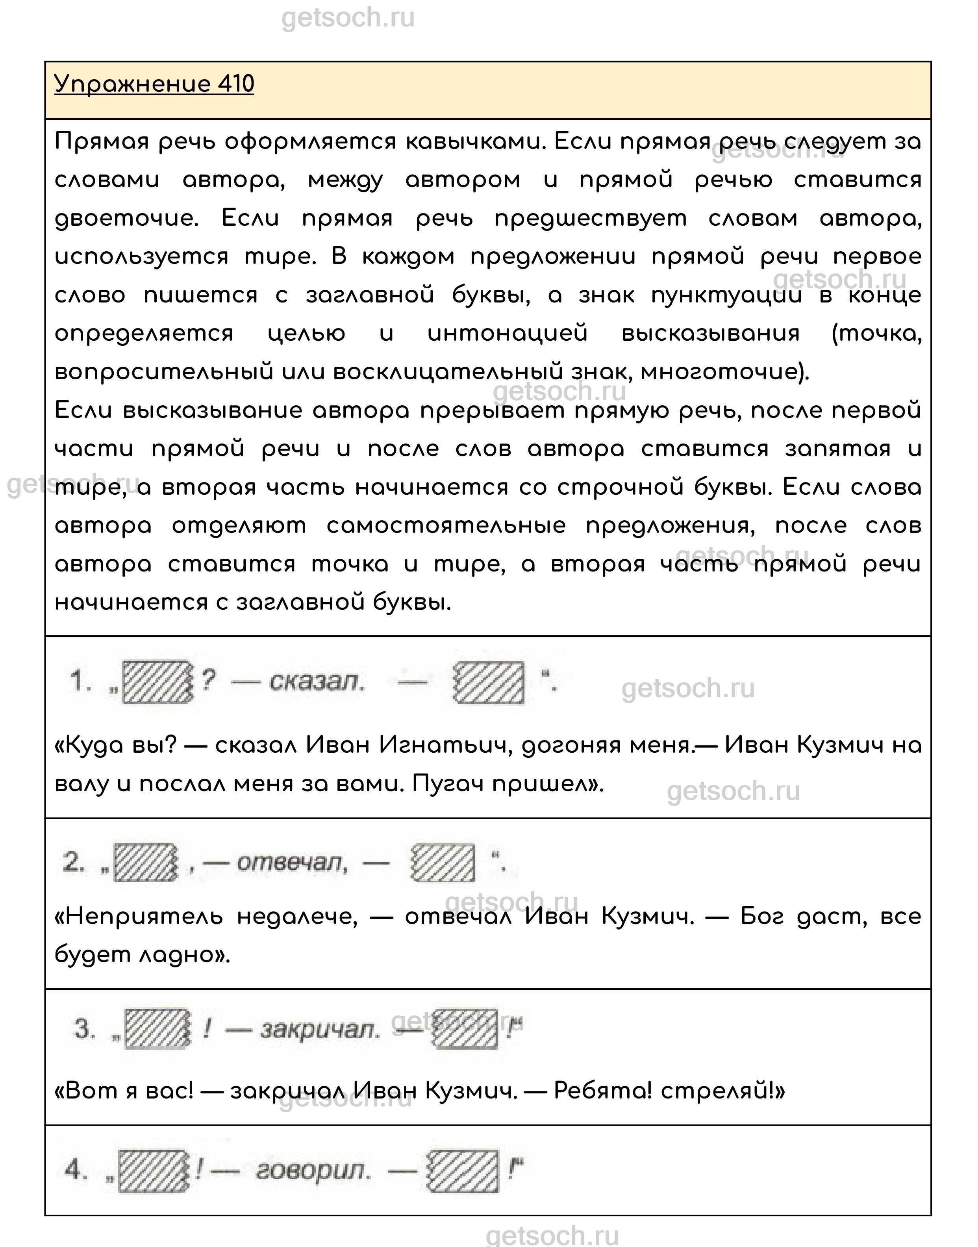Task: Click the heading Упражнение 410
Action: tap(154, 84)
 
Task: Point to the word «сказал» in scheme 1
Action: tap(316, 682)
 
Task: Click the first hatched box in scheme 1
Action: tap(156, 682)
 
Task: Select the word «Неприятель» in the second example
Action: tap(139, 917)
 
